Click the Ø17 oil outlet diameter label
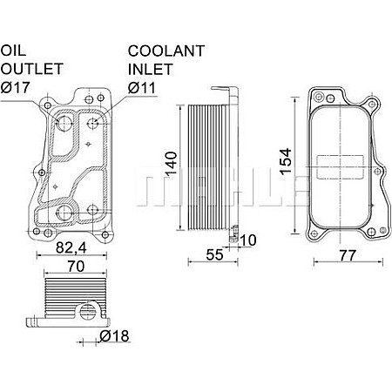tap(15, 87)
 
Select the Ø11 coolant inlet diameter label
tap(142, 87)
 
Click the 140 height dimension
tap(172, 162)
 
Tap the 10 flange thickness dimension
tap(249, 240)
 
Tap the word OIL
tap(12, 50)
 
